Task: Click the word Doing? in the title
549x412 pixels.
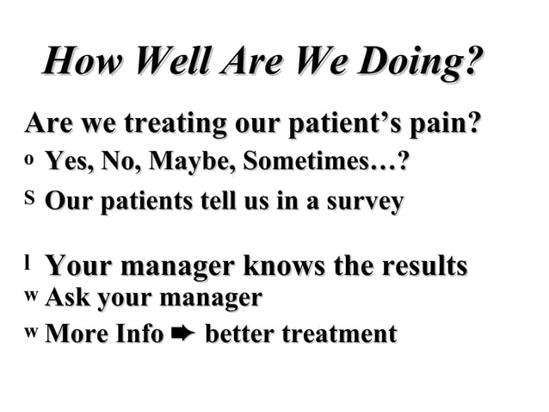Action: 419,65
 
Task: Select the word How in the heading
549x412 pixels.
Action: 81,65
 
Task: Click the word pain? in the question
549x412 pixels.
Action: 446,123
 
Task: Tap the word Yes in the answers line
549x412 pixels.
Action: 67,161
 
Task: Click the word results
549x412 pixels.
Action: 420,265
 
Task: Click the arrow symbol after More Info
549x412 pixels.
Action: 184,334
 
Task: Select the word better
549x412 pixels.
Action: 238,334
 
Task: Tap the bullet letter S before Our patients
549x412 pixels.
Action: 32,200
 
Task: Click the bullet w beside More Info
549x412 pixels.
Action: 32,332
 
